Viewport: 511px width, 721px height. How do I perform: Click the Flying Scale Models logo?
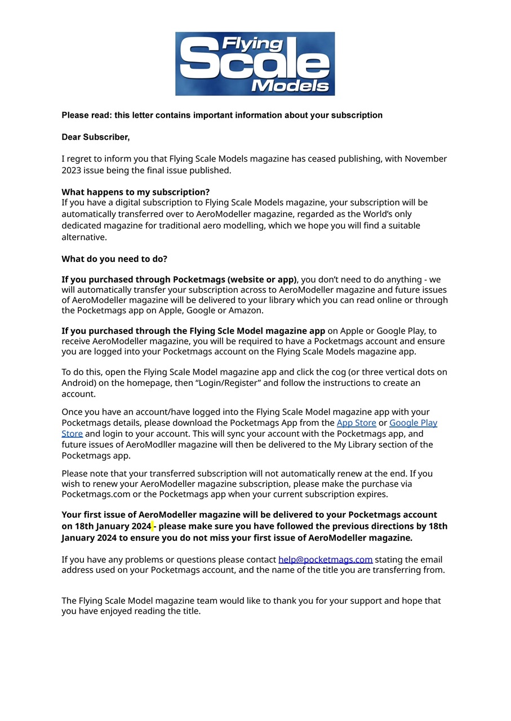click(255, 63)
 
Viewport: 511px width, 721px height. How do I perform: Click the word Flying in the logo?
click(252, 44)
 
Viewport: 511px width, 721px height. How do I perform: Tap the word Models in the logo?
click(290, 85)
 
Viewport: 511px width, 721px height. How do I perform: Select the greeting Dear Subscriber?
click(95, 137)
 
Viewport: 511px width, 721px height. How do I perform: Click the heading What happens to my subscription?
click(135, 192)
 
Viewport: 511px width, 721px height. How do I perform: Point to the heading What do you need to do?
click(114, 259)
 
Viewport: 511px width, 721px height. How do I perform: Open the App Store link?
click(356, 423)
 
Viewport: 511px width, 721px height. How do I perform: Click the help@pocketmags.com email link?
click(325, 559)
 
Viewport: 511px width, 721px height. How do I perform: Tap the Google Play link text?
click(413, 423)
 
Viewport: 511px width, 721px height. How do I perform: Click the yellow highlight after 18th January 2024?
click(153, 526)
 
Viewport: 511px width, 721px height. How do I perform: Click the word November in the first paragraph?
click(425, 159)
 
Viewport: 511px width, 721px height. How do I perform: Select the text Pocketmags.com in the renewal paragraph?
click(91, 495)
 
